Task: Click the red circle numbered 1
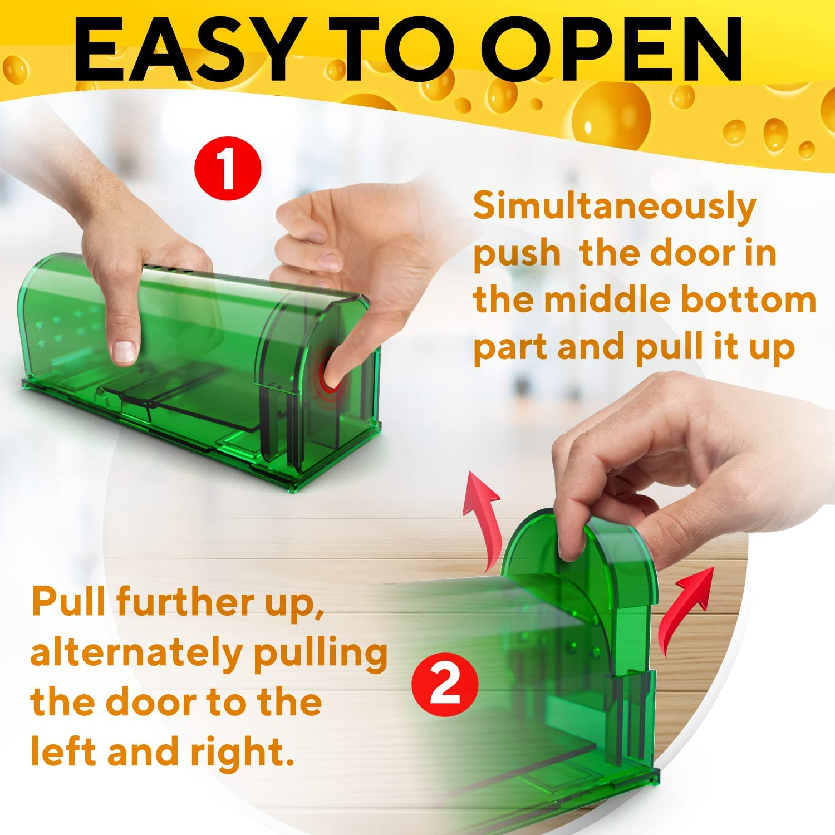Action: pos(228,167)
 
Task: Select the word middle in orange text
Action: pos(607,301)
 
